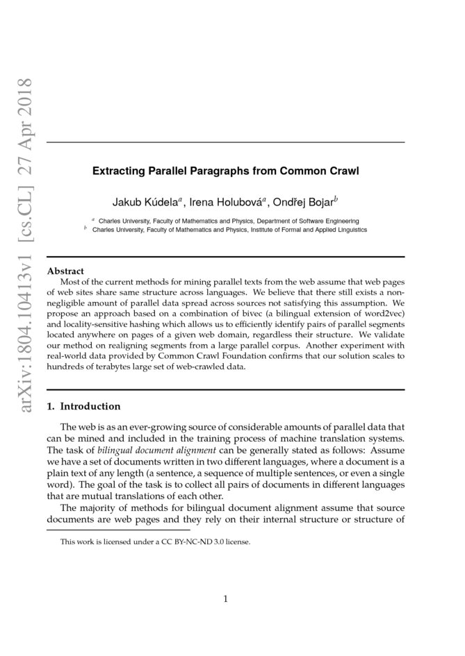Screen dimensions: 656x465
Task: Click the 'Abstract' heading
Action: pyautogui.click(x=65, y=270)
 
